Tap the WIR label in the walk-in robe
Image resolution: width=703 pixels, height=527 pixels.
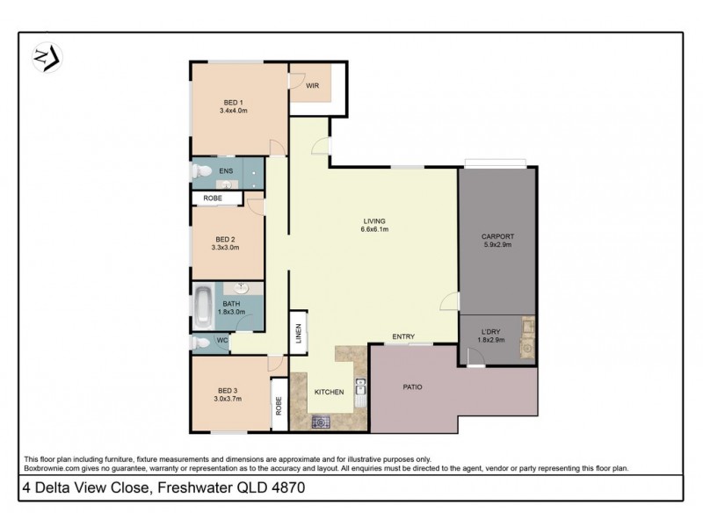pos(312,85)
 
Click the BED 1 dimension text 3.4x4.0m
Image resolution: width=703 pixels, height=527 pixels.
pos(234,112)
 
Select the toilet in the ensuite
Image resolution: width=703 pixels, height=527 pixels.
pos(200,171)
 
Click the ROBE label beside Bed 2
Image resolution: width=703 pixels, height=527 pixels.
pos(213,199)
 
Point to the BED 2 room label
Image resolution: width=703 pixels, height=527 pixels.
pos(226,239)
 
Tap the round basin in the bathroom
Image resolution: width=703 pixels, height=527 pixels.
pos(243,288)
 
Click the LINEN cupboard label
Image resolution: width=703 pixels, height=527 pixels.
pos(298,332)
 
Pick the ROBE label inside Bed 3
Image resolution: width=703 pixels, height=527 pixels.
pos(279,407)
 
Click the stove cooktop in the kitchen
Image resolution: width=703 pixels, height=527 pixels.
pos(322,422)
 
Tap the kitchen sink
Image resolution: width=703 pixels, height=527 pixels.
pos(359,393)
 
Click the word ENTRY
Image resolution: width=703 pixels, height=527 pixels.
pos(403,336)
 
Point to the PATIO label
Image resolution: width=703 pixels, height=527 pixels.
pos(414,386)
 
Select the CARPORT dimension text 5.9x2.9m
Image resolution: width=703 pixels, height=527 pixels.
pos(497,246)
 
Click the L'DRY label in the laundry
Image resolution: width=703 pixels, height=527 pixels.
pos(490,330)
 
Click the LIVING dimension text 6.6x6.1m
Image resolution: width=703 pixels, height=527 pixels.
pos(374,229)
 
